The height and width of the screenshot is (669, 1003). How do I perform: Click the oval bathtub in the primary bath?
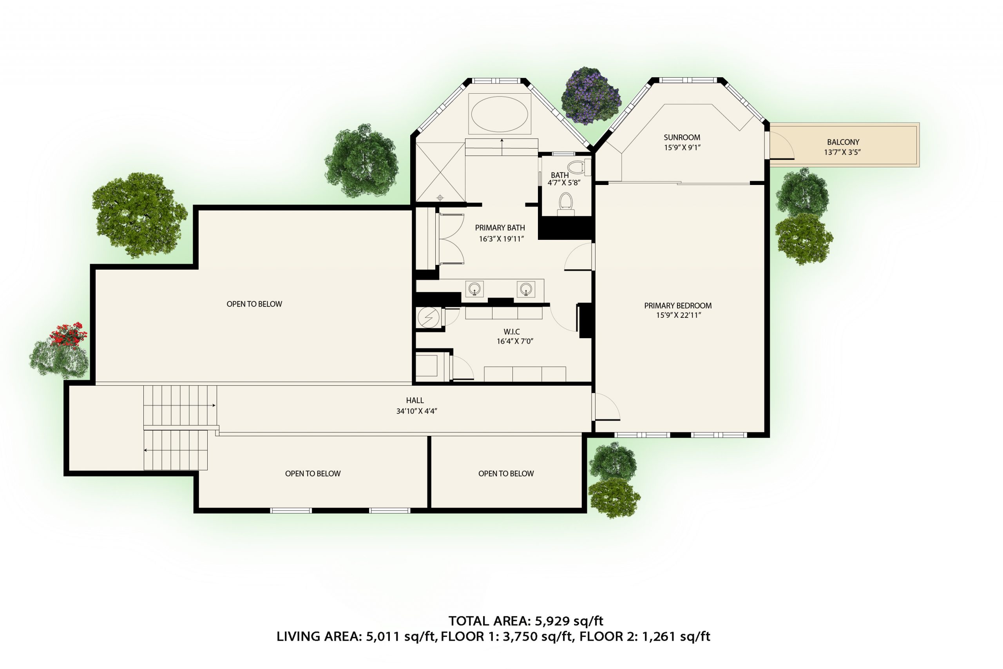point(500,114)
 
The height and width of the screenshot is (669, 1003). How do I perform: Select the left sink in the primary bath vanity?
point(474,288)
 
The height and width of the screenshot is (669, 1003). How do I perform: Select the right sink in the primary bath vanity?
point(526,288)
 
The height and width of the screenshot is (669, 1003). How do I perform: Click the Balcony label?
point(843,142)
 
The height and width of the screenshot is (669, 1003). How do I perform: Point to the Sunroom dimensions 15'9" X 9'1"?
point(682,148)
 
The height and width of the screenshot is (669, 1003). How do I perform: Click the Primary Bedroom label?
point(678,305)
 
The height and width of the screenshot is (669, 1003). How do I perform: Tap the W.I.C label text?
point(511,332)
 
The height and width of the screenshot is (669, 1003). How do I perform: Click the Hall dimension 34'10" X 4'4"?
point(416,411)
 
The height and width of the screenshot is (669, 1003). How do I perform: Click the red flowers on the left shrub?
point(68,334)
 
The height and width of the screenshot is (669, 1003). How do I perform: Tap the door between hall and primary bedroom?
point(607,408)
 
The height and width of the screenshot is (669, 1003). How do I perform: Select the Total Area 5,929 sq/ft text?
point(525,621)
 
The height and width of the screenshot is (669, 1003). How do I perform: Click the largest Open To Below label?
point(254,304)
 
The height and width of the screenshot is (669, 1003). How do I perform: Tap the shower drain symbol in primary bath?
point(440,198)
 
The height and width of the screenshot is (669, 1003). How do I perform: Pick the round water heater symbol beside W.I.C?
point(428,317)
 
